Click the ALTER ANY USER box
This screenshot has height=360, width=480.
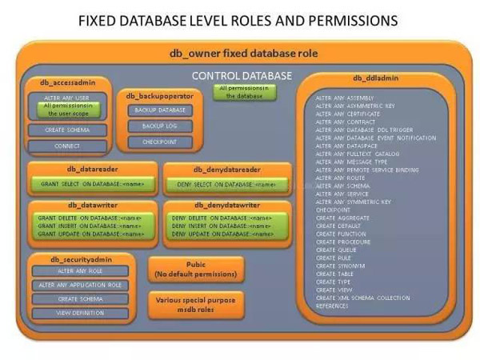[x=62, y=97]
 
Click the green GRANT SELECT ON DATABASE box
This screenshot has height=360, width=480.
[x=89, y=184]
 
